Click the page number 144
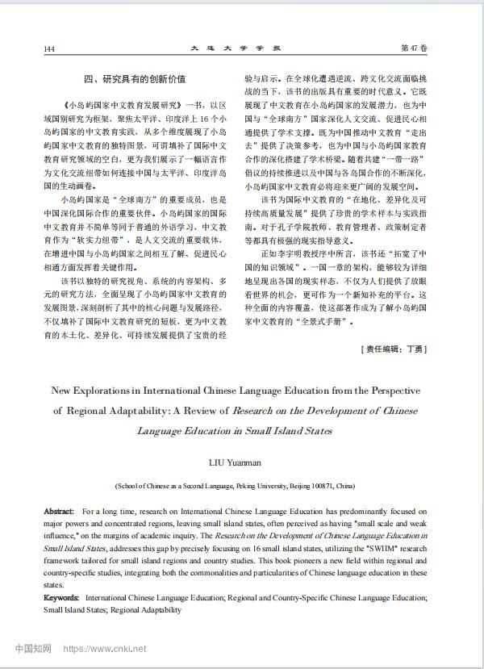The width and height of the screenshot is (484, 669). point(49,48)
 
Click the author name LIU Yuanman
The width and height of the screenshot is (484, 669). point(236,462)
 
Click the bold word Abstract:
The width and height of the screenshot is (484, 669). point(59,512)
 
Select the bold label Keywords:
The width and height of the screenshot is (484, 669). point(62,598)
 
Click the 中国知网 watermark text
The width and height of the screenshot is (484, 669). point(33,648)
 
